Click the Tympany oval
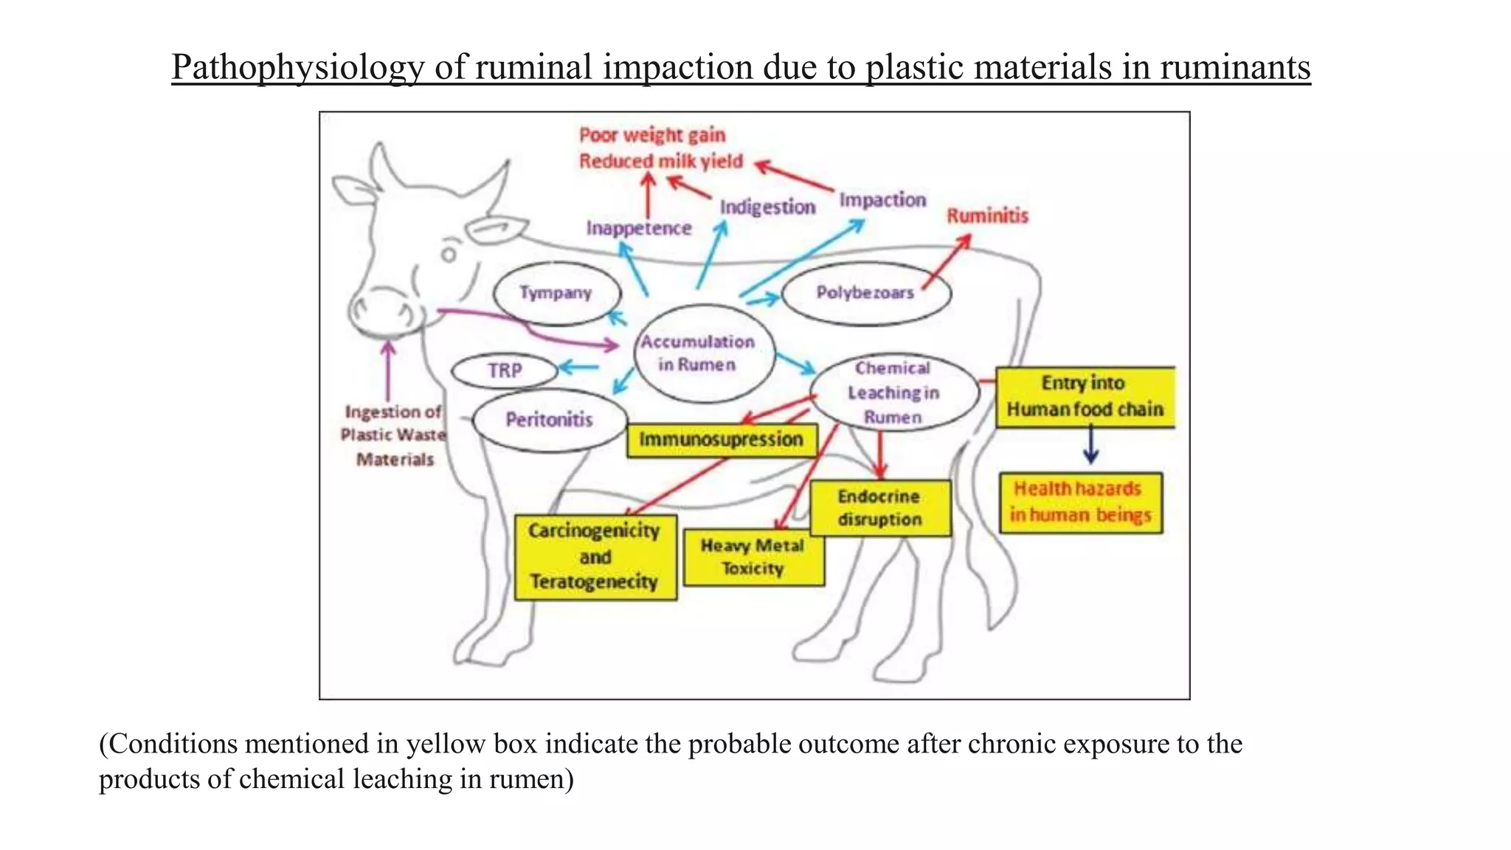pyautogui.click(x=556, y=294)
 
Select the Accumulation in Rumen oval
pyautogui.click(x=698, y=353)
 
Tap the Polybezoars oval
pyautogui.click(x=865, y=293)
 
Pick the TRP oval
pyautogui.click(x=505, y=370)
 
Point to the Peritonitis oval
pyautogui.click(x=550, y=420)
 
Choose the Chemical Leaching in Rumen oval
pyautogui.click(x=893, y=393)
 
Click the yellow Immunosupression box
pyautogui.click(x=722, y=440)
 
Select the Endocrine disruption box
pyautogui.click(x=880, y=508)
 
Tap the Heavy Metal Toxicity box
pyautogui.click(x=753, y=557)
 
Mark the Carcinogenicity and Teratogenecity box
pyautogui.click(x=595, y=557)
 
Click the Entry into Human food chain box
pyautogui.click(x=1085, y=396)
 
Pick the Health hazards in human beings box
pyautogui.click(x=1081, y=502)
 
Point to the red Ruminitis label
pyautogui.click(x=987, y=216)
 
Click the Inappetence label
pyautogui.click(x=639, y=229)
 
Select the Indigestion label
pyautogui.click(x=767, y=207)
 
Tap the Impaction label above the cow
pyautogui.click(x=882, y=200)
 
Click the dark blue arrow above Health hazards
pyautogui.click(x=1090, y=446)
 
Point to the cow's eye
pyautogui.click(x=449, y=255)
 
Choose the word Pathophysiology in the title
pyautogui.click(x=297, y=68)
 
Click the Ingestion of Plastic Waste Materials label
pyautogui.click(x=394, y=435)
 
